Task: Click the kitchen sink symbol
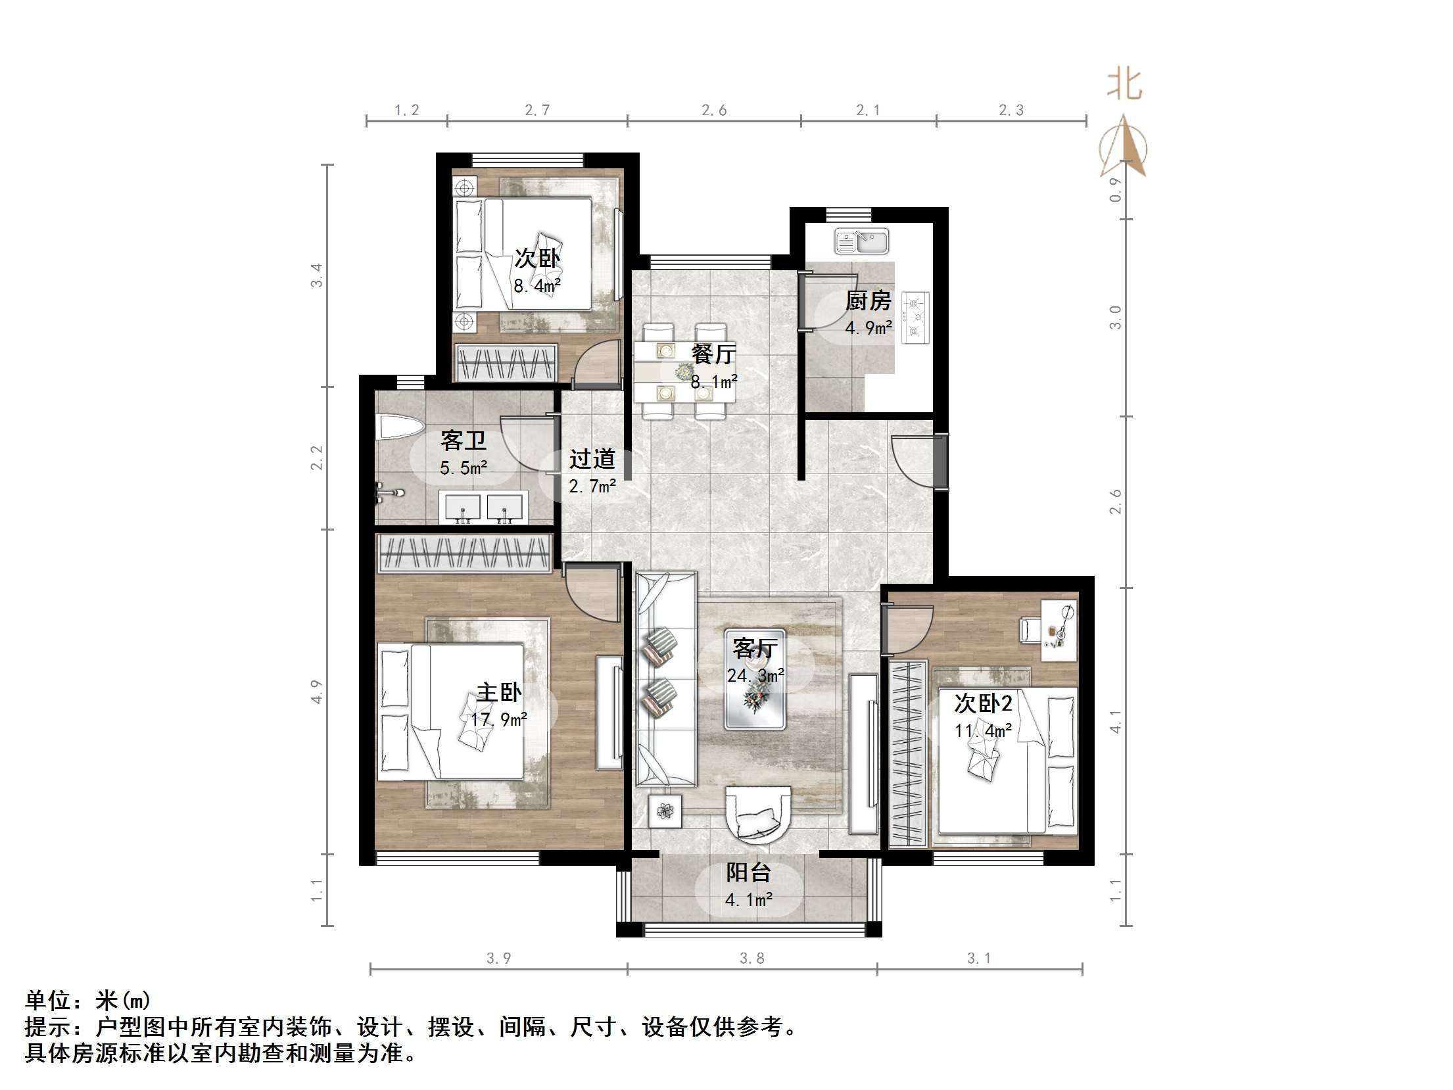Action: (x=861, y=242)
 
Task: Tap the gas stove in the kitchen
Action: (x=916, y=318)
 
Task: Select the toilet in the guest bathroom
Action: (x=398, y=427)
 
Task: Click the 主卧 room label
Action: (x=499, y=692)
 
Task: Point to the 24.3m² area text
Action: (x=755, y=675)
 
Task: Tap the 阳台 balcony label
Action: (x=748, y=872)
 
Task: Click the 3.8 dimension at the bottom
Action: (x=751, y=959)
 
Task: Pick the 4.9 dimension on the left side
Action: (x=317, y=692)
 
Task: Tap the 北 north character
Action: (x=1124, y=85)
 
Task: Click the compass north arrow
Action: (x=1126, y=148)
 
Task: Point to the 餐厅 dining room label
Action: (x=713, y=354)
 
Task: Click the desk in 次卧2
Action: (x=1059, y=630)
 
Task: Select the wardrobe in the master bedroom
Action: (x=464, y=552)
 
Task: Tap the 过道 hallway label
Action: (x=592, y=459)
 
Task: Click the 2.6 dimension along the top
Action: (x=713, y=110)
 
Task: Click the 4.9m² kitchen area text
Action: (x=868, y=327)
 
